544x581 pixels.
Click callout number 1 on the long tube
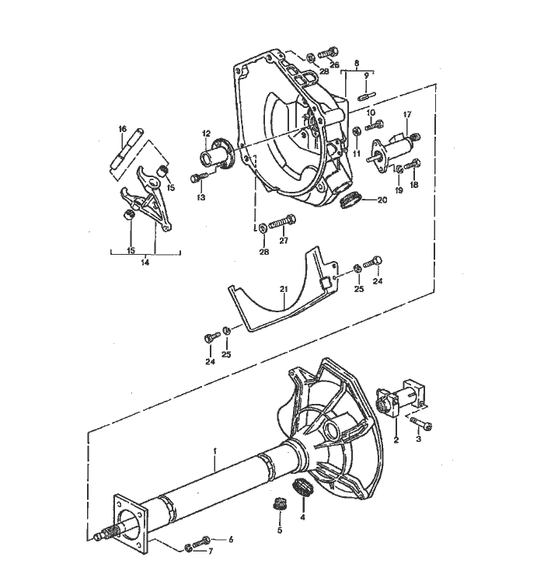click(215, 452)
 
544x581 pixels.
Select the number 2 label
click(396, 440)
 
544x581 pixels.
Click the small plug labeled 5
click(279, 503)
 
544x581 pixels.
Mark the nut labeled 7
click(190, 549)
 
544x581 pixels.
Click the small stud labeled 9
click(367, 97)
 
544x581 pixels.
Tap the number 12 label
click(206, 134)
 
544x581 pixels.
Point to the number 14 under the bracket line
click(145, 263)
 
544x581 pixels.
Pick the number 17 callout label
click(406, 115)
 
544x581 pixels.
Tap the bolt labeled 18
click(413, 164)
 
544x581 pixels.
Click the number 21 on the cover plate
click(284, 290)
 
